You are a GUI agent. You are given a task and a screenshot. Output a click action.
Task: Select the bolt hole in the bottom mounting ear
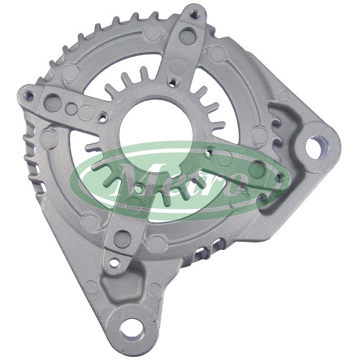[x=132, y=328]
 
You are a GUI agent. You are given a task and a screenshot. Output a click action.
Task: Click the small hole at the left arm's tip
[x=30, y=96]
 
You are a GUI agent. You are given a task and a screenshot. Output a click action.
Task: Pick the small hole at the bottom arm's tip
[x=115, y=263]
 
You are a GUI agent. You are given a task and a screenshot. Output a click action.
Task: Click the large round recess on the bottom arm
[x=122, y=239]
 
